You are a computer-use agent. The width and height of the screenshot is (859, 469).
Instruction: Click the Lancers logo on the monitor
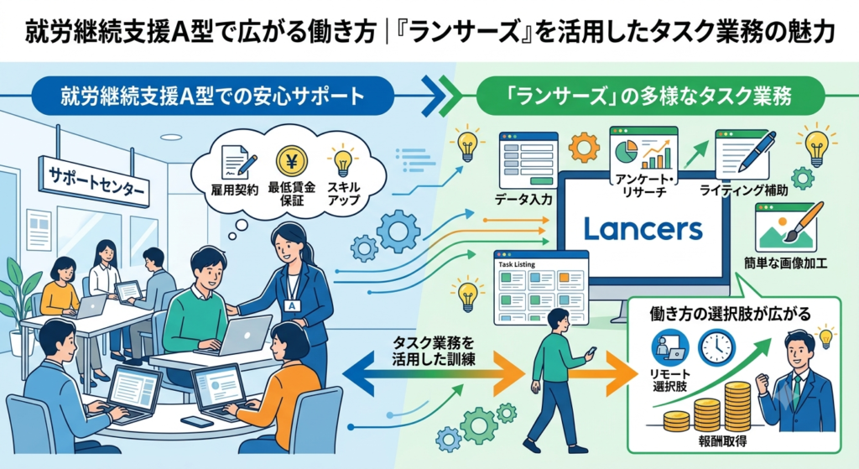click(x=643, y=228)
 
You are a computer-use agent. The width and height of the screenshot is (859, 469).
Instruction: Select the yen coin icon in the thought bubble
click(x=292, y=162)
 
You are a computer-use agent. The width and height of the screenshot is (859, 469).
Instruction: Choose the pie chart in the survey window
click(x=626, y=151)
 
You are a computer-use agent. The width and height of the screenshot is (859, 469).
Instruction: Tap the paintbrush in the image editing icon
click(x=805, y=221)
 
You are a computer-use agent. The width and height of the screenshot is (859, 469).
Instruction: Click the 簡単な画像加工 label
click(x=785, y=263)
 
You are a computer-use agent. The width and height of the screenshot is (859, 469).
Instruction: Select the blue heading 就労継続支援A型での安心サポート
click(x=212, y=96)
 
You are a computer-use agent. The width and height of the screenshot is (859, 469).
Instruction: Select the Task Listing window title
click(x=517, y=264)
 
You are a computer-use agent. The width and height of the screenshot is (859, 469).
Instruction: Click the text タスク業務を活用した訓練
click(x=434, y=352)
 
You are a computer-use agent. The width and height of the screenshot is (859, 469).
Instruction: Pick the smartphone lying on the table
click(x=196, y=422)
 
